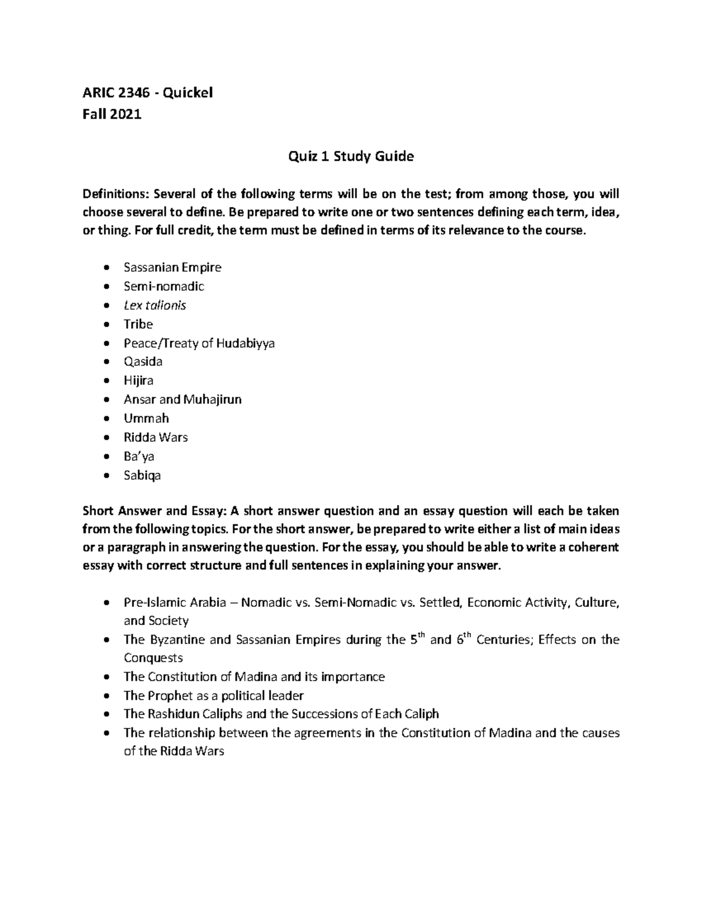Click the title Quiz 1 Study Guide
pos(350,156)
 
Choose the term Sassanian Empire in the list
pos(172,267)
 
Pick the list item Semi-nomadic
pos(163,286)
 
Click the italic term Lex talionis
pos(154,305)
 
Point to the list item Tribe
pos(138,324)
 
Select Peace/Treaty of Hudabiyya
pos(199,343)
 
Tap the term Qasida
pos(143,361)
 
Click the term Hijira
pos(139,381)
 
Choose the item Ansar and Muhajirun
pos(183,399)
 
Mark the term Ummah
pos(146,418)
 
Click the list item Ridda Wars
pos(156,437)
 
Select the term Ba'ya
pos(139,456)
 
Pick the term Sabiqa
pos(142,475)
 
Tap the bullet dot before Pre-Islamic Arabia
pos(105,603)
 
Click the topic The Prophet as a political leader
pos(214,695)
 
